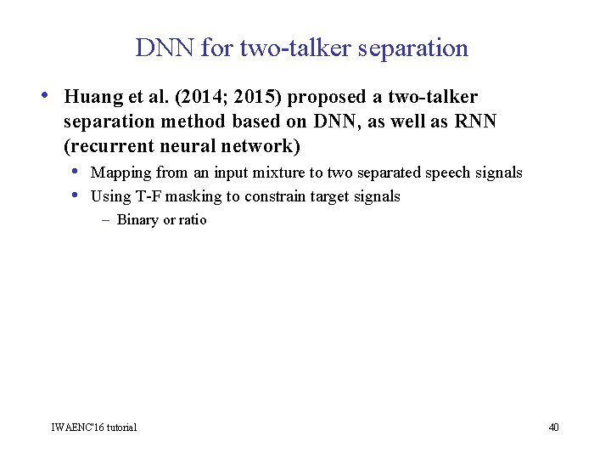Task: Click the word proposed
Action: pos(327,97)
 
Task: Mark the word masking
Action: pos(193,196)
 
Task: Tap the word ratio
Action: pos(192,220)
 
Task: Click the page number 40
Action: pos(553,427)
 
